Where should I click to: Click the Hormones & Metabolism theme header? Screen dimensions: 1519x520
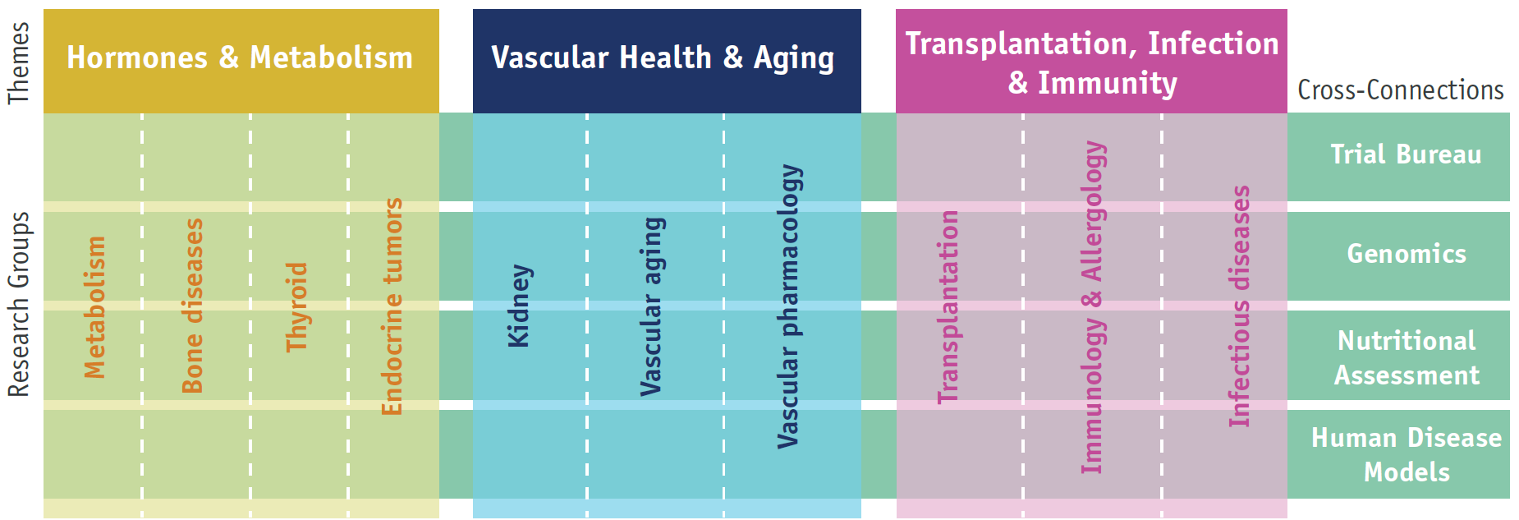[x=241, y=61]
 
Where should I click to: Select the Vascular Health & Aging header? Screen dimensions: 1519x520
[x=667, y=61]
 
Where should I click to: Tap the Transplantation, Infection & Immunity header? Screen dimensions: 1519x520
[x=1091, y=61]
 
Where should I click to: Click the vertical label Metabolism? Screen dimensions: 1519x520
[x=95, y=307]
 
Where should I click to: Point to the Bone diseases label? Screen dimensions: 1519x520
[x=192, y=306]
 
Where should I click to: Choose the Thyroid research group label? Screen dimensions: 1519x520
[x=296, y=307]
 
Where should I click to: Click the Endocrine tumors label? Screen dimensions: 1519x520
[x=392, y=306]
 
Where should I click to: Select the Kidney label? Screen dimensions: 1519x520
[x=519, y=306]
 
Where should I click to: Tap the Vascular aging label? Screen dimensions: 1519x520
[x=652, y=306]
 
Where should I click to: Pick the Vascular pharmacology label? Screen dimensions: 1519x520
[x=789, y=306]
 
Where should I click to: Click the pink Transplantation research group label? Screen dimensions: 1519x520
[x=948, y=307]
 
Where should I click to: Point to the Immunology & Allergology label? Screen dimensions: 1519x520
[x=1093, y=307]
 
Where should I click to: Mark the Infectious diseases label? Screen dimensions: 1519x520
[x=1239, y=306]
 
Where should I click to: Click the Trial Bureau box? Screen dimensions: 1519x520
[x=1398, y=157]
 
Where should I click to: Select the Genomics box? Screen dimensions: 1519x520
[x=1398, y=256]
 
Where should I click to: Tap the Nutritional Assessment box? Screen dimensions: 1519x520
[x=1398, y=356]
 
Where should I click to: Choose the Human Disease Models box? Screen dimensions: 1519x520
[x=1398, y=454]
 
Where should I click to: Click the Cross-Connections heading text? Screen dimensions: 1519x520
[x=1401, y=90]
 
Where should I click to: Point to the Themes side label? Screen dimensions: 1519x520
[x=18, y=63]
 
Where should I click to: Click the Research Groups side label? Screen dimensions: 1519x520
[x=18, y=305]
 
